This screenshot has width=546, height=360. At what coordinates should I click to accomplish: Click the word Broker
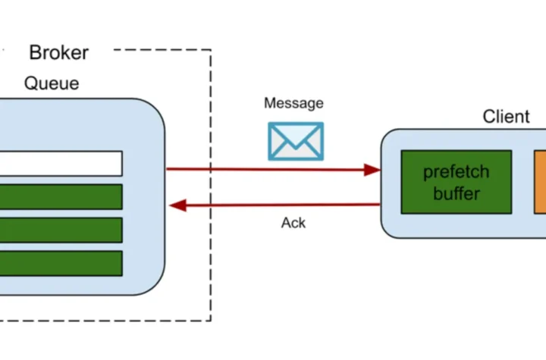58,52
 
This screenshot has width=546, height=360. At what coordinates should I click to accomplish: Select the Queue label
52,83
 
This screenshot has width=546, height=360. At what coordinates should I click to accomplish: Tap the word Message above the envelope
293,103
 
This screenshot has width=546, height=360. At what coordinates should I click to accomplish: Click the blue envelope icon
295,141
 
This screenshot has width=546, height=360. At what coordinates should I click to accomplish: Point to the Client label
506,117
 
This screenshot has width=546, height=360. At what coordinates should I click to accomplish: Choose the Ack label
293,223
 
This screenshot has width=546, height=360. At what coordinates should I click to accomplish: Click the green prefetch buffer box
456,182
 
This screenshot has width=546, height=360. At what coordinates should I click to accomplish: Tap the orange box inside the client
540,182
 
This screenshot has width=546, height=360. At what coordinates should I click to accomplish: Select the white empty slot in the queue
61,163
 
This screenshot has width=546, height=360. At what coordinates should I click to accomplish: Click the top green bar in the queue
61,196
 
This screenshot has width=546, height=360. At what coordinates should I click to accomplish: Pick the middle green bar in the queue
61,230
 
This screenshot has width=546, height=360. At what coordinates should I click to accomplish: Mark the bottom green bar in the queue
61,263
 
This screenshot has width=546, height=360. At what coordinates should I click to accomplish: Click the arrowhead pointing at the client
372,170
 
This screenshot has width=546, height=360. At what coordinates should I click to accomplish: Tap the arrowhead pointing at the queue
177,205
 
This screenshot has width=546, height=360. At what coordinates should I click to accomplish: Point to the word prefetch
456,171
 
